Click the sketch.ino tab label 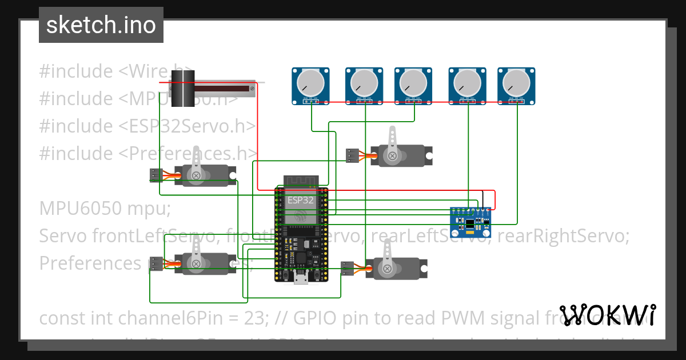(x=101, y=25)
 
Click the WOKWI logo (x=607, y=315)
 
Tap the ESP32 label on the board (x=300, y=200)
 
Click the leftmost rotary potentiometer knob (x=312, y=83)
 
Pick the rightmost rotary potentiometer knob (x=517, y=83)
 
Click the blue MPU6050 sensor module (x=470, y=222)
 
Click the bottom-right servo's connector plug (x=348, y=269)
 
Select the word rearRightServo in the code (x=563, y=235)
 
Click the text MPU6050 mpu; (x=105, y=209)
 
